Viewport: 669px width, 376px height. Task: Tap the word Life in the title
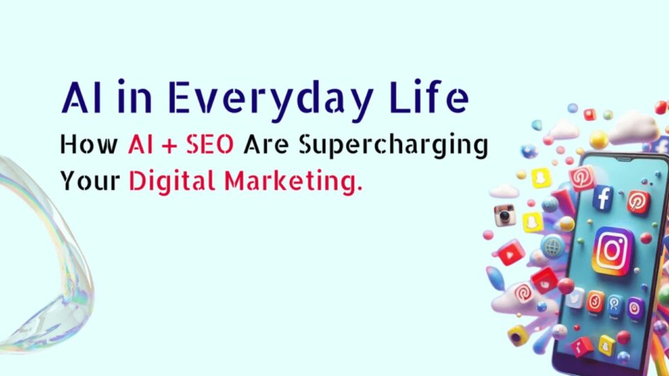click(430, 96)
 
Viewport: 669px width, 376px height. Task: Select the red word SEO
click(210, 144)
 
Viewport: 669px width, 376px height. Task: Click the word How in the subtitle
click(89, 144)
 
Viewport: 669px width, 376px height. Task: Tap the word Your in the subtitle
click(90, 181)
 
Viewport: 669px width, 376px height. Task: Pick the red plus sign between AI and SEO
click(169, 146)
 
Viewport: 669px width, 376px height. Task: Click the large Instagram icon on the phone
click(613, 251)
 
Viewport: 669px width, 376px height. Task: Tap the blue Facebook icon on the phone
click(603, 197)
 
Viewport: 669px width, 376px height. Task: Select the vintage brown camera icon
click(505, 215)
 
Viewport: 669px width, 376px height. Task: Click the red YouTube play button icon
click(510, 254)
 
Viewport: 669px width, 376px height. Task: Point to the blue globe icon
click(553, 246)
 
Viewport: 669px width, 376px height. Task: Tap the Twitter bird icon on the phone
click(576, 299)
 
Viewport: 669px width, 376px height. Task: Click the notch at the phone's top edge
click(624, 159)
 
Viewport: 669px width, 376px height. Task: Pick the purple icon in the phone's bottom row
click(635, 307)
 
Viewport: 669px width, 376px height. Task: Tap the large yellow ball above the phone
click(599, 139)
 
